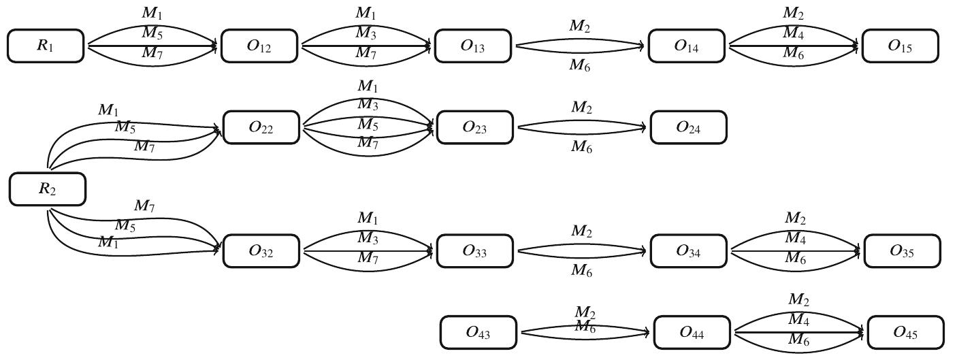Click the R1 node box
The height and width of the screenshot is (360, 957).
pyautogui.click(x=46, y=46)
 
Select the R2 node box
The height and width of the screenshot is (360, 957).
pyautogui.click(x=48, y=189)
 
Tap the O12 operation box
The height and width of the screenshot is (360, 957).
pyautogui.click(x=259, y=46)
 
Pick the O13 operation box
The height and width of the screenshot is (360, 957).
pyautogui.click(x=473, y=46)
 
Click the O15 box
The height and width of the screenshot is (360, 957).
pyautogui.click(x=900, y=46)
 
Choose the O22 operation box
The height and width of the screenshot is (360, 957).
pyautogui.click(x=261, y=127)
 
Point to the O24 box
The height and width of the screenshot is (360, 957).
pyautogui.click(x=688, y=127)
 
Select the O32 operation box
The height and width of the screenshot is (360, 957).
pyautogui.click(x=261, y=251)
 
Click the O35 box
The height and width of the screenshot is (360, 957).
pyautogui.click(x=902, y=251)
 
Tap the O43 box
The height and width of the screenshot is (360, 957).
pyautogui.click(x=478, y=333)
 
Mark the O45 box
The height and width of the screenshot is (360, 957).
pyautogui.click(x=905, y=333)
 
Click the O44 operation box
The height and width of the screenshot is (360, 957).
pyautogui.click(x=692, y=333)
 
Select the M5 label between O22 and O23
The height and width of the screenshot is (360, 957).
pyautogui.click(x=368, y=125)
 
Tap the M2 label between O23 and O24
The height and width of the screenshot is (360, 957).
pyautogui.click(x=581, y=108)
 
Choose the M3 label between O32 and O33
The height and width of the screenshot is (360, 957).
pyautogui.click(x=368, y=238)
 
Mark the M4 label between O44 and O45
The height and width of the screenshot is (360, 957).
pyautogui.click(x=798, y=318)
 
